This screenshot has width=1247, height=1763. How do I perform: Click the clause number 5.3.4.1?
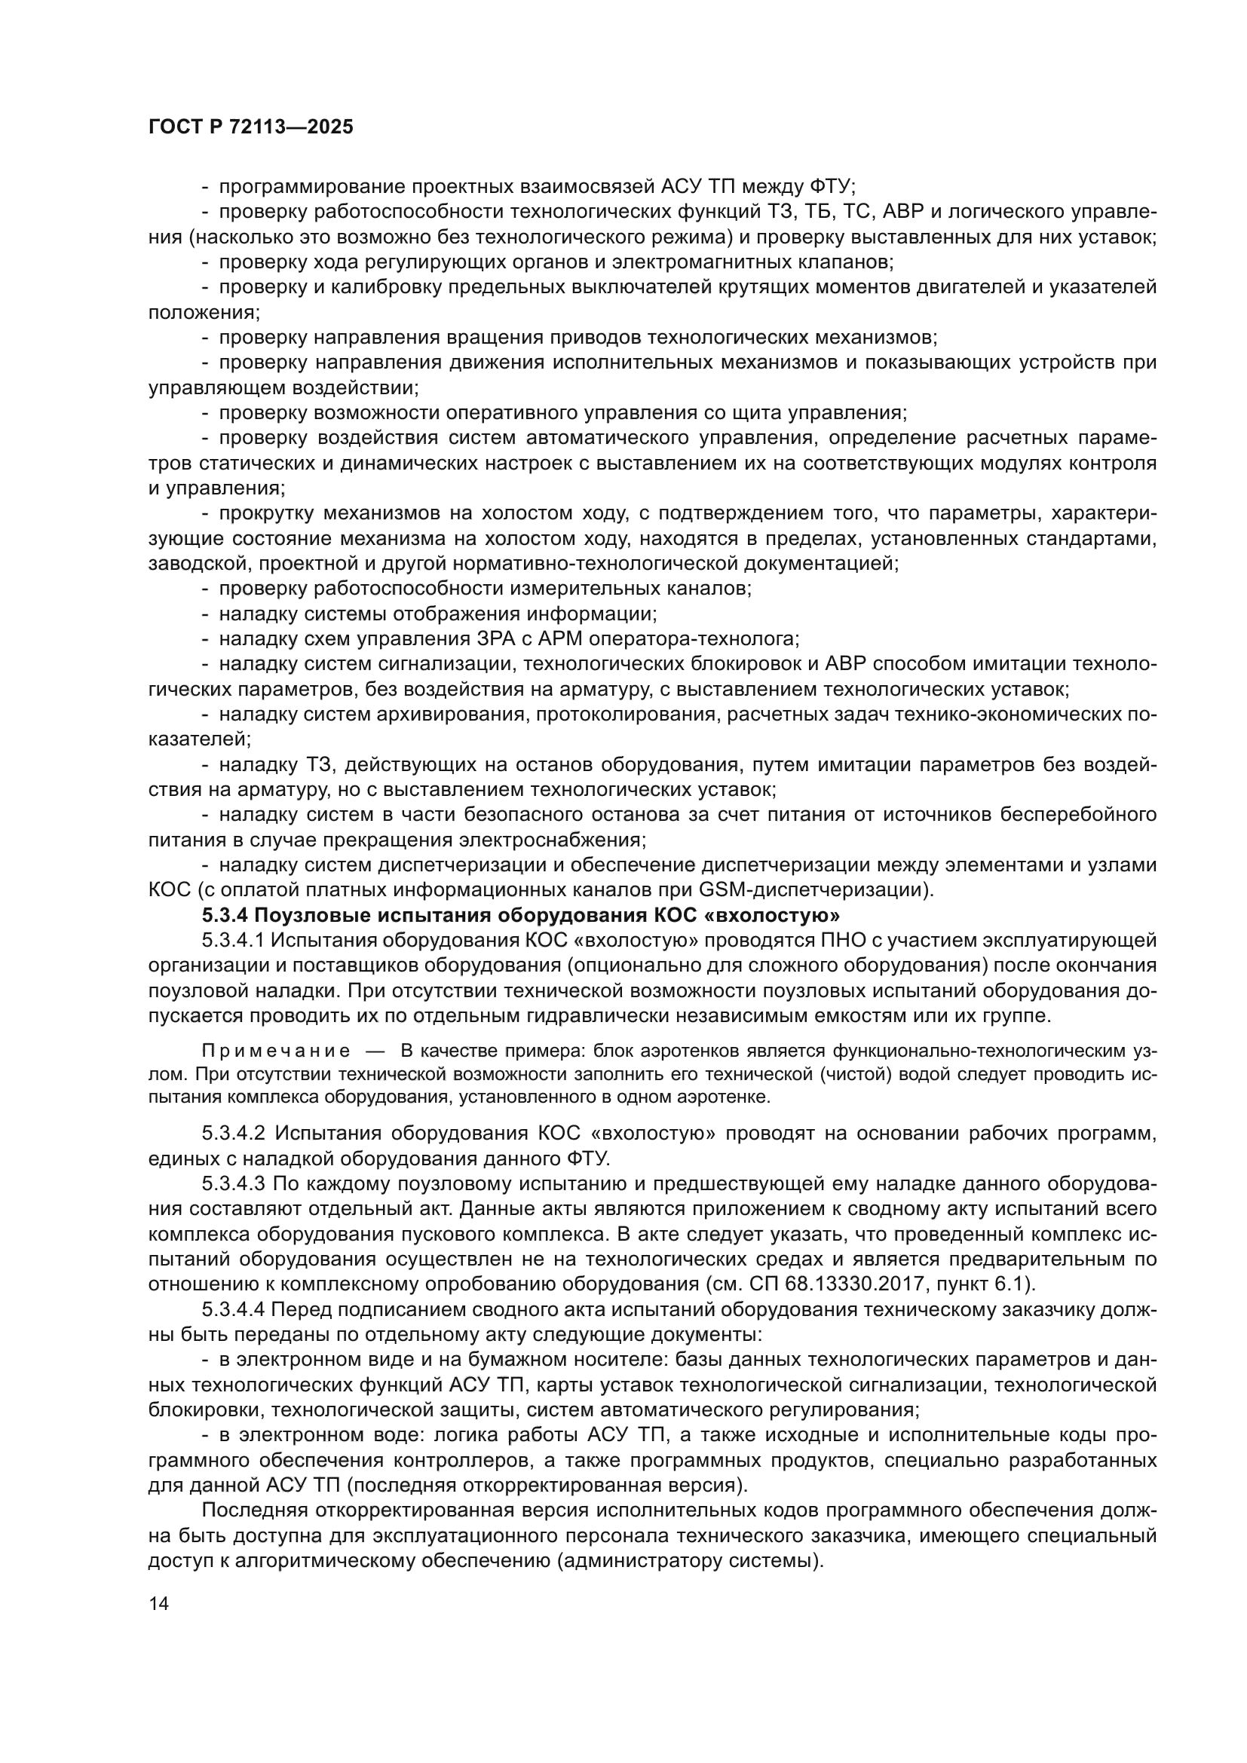(x=234, y=941)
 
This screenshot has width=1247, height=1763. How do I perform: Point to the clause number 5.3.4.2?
(x=234, y=1134)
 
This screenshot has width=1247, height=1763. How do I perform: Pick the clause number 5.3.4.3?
(x=234, y=1184)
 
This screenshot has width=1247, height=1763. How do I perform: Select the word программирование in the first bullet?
(x=313, y=187)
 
